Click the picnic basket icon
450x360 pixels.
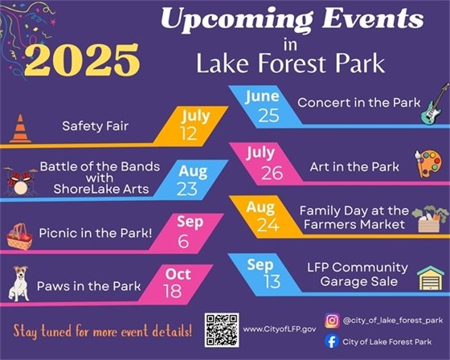coord(19,235)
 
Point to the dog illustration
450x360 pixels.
coord(18,284)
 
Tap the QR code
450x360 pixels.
coord(221,327)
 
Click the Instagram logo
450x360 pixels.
coord(329,321)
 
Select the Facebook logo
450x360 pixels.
coord(329,342)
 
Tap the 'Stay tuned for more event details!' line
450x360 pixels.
coord(102,329)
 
